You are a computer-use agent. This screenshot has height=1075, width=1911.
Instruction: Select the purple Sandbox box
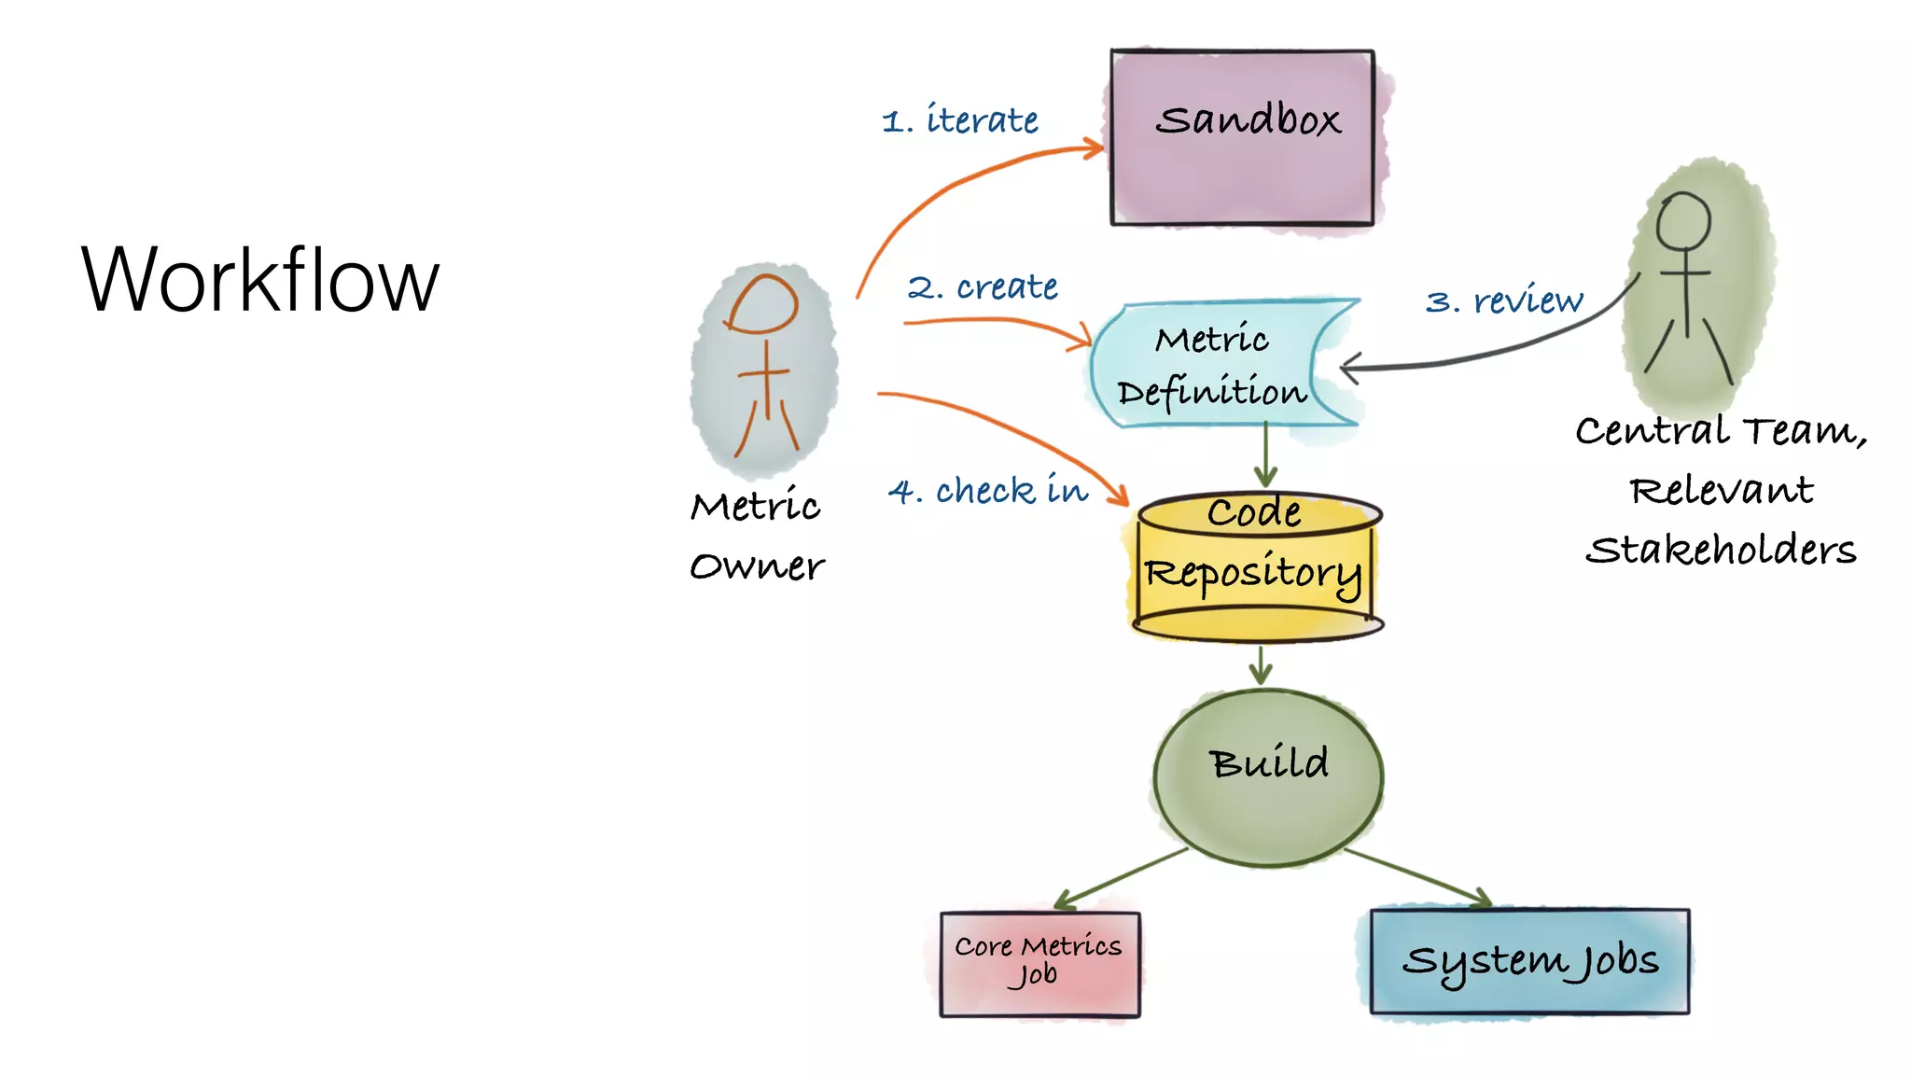pyautogui.click(x=1242, y=138)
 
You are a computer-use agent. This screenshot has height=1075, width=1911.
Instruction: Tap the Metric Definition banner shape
pyautogui.click(x=1213, y=364)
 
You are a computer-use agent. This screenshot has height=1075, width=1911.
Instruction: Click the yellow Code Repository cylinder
pyautogui.click(x=1255, y=569)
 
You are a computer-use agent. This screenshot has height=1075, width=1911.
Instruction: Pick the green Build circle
pyautogui.click(x=1267, y=776)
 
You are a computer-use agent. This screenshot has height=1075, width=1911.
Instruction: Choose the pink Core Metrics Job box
pyautogui.click(x=1039, y=963)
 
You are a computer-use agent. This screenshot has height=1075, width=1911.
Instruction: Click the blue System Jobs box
pyautogui.click(x=1529, y=961)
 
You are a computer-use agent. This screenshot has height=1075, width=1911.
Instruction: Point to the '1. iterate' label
pyautogui.click(x=960, y=120)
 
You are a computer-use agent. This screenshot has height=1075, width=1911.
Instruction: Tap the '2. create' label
pyautogui.click(x=983, y=286)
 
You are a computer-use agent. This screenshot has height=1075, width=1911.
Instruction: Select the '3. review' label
pyautogui.click(x=1503, y=300)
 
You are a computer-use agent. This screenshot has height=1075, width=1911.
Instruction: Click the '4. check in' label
pyautogui.click(x=988, y=491)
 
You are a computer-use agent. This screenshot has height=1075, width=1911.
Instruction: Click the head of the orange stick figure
pyautogui.click(x=763, y=304)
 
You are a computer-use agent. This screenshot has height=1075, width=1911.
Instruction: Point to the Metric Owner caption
pyautogui.click(x=757, y=536)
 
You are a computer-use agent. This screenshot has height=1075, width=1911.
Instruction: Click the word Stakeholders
pyautogui.click(x=1721, y=550)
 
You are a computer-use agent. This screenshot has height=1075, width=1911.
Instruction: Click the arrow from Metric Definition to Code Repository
pyautogui.click(x=1265, y=454)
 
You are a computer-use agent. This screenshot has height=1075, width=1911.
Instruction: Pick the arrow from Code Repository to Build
pyautogui.click(x=1261, y=664)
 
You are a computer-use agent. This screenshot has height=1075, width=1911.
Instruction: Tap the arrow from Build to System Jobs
pyautogui.click(x=1418, y=877)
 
